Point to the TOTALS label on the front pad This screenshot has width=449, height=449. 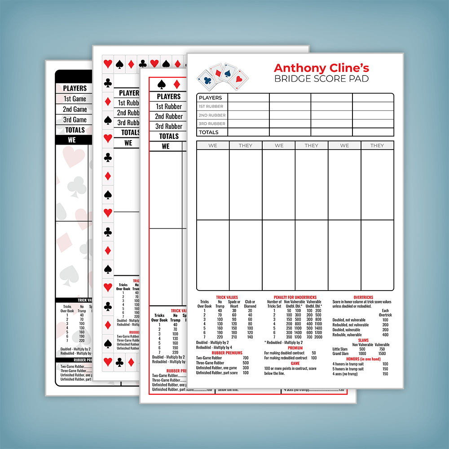click(208, 132)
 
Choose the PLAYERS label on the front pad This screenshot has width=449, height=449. click(210, 97)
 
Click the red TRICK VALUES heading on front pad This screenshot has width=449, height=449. click(227, 297)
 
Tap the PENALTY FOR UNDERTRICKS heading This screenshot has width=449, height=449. click(295, 297)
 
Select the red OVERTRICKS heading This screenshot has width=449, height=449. click(364, 297)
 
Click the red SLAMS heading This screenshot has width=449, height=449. click(364, 340)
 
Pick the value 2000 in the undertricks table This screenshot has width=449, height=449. click(318, 337)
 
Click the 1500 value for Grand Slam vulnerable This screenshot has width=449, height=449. click(382, 353)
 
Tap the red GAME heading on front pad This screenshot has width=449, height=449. click(295, 364)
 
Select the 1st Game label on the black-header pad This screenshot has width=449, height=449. click(75, 99)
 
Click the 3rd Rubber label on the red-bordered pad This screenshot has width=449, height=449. click(169, 126)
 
